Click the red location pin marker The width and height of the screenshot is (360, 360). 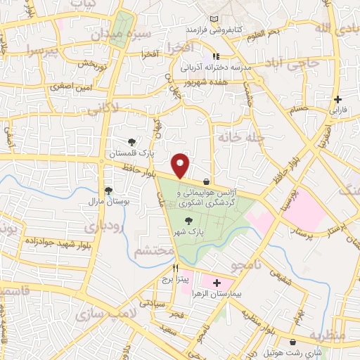pyautogui.click(x=181, y=165)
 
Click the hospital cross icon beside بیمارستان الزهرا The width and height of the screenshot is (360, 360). pyautogui.click(x=216, y=282)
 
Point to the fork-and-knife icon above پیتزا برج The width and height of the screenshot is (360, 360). pyautogui.click(x=176, y=268)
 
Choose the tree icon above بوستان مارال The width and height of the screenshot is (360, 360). pyautogui.click(x=108, y=190)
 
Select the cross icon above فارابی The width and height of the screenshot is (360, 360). pyautogui.click(x=339, y=99)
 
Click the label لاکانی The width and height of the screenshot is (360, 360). pyautogui.click(x=124, y=108)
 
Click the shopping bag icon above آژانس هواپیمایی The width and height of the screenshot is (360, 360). pyautogui.click(x=205, y=181)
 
